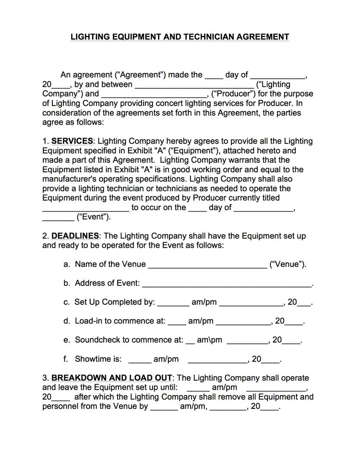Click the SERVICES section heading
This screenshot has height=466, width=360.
[72, 141]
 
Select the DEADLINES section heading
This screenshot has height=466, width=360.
[75, 236]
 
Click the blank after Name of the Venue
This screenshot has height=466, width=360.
[207, 264]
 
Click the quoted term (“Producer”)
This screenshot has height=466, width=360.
[235, 94]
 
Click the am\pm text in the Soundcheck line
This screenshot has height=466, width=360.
[210, 340]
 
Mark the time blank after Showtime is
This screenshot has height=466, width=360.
[140, 358]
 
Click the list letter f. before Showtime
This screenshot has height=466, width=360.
[66, 358]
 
